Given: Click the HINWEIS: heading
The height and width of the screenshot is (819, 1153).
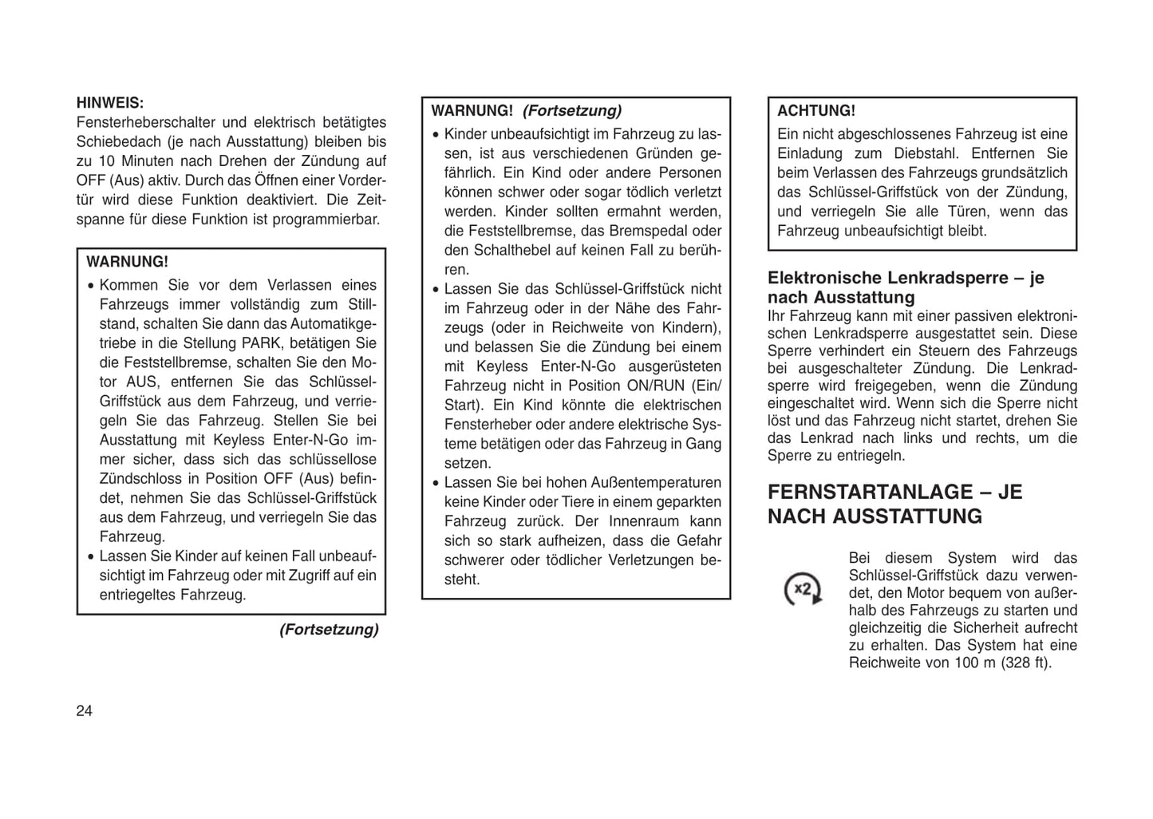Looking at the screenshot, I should (110, 103).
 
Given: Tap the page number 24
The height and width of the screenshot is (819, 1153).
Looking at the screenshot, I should (85, 711).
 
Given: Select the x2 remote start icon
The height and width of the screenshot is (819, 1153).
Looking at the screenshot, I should (803, 590).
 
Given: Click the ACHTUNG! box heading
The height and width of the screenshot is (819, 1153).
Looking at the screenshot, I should (815, 111).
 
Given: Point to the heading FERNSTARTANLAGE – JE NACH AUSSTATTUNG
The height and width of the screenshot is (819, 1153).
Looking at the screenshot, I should (894, 504).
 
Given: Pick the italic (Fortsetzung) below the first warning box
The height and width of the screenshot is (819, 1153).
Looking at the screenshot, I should (329, 630).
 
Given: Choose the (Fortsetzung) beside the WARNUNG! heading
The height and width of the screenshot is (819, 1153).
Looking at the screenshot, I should (571, 111).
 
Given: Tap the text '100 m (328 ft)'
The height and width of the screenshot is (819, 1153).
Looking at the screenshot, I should (1002, 663).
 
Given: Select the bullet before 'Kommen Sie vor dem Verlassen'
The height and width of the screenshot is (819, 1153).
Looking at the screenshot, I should (91, 286).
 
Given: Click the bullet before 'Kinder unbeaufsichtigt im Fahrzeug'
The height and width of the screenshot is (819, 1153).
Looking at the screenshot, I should (435, 135).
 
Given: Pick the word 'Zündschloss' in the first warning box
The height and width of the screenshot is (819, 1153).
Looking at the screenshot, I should (134, 479).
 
